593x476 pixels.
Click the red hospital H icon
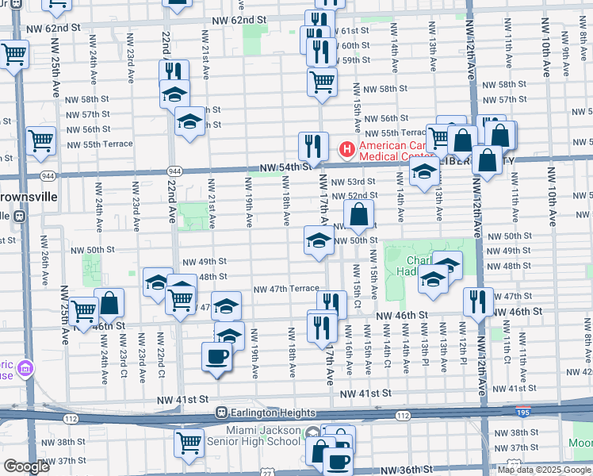point(346,148)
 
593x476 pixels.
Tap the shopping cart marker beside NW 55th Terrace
point(41,140)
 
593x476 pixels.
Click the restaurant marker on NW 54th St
point(313,146)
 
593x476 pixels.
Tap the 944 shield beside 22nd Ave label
point(174,171)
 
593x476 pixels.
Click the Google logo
point(26,466)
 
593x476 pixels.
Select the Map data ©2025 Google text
point(544,470)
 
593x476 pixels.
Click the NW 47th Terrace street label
point(285,290)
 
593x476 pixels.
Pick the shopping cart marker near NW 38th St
point(189,443)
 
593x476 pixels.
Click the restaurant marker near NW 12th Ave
point(477,301)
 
